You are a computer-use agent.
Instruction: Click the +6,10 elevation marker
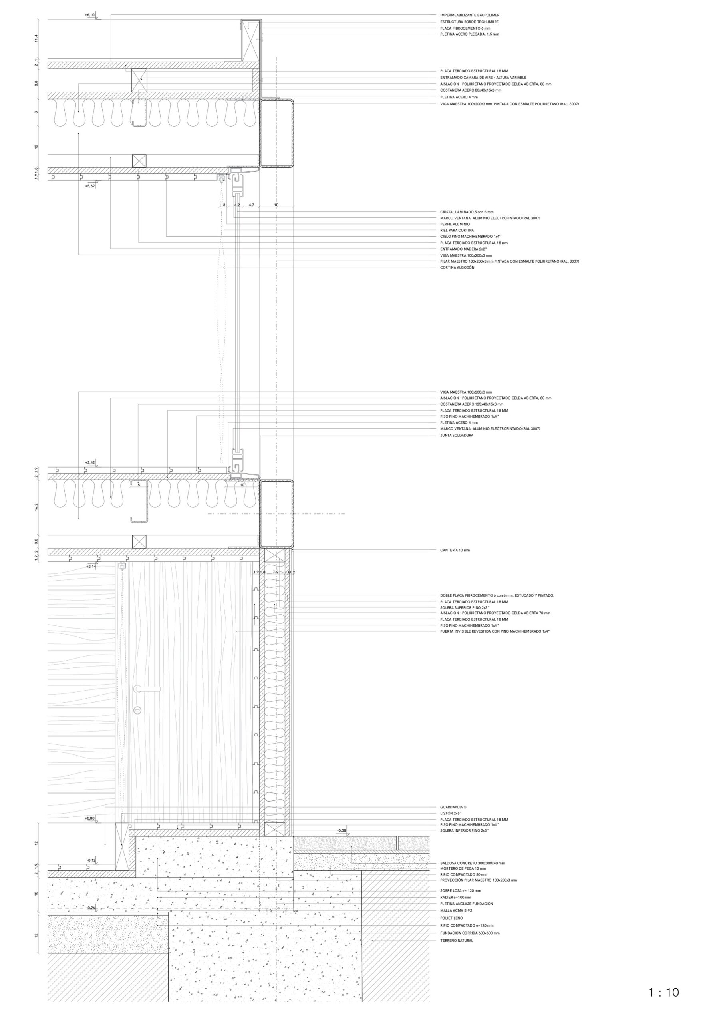point(89,15)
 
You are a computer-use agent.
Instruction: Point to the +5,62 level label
point(89,186)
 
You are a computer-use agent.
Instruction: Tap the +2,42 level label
point(90,462)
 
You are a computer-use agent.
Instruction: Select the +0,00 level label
point(89,818)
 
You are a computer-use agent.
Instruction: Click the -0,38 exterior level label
point(342,830)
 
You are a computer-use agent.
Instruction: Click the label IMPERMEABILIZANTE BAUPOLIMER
point(469,15)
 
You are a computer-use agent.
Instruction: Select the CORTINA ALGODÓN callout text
point(457,267)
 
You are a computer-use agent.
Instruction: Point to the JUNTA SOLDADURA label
point(457,435)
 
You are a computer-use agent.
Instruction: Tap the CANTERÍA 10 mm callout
point(455,550)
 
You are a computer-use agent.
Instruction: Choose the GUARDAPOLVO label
point(453,807)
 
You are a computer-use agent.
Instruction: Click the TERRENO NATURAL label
point(457,941)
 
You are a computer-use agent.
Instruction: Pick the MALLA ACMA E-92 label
point(456,910)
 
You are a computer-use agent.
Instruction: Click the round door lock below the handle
point(138,710)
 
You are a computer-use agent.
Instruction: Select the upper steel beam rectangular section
point(276,133)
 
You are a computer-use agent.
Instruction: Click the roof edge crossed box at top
point(250,40)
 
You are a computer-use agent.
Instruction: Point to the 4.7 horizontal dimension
point(251,205)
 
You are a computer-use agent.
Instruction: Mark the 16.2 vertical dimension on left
point(36,507)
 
